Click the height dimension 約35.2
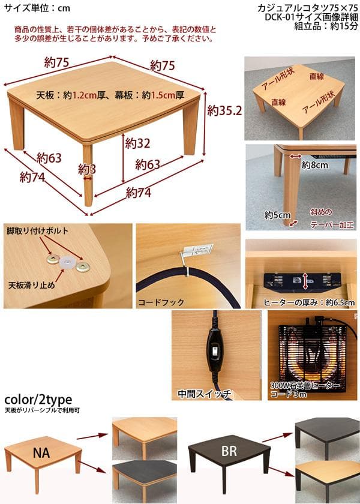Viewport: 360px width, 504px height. click(x=224, y=111)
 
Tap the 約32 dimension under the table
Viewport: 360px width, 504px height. click(x=137, y=144)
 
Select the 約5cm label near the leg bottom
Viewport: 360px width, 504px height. click(x=277, y=214)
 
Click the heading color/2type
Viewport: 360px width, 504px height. click(x=38, y=400)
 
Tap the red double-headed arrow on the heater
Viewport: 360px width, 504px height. click(x=305, y=280)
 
